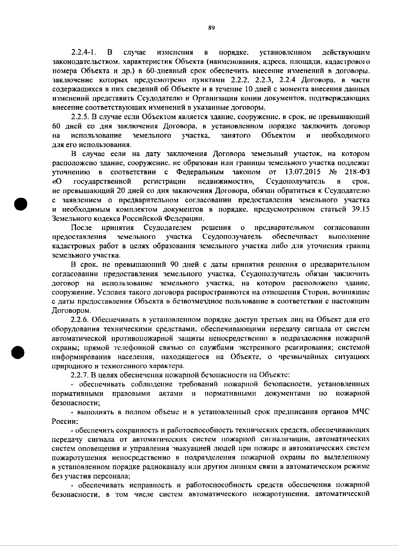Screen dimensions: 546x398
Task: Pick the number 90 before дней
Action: [175, 265]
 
